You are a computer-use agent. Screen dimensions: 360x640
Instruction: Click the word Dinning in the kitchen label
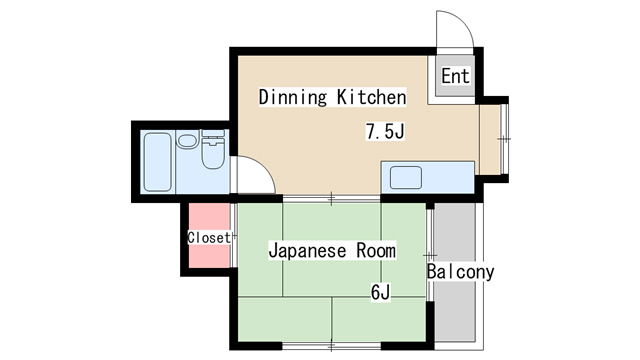coord(292,98)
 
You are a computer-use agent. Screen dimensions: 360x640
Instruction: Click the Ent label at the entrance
coord(455,76)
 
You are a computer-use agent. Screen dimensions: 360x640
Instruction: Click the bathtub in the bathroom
coord(157,163)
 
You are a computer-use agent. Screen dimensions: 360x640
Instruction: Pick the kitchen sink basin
coord(406,179)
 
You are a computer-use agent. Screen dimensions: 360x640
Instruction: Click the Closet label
coord(208,238)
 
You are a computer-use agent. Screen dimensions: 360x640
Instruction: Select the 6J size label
coord(379,293)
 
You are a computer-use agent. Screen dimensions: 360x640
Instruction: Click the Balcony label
coord(460,272)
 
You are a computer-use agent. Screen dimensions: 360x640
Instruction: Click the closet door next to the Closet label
coord(234,238)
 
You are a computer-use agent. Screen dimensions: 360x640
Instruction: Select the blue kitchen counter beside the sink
coord(450,178)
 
